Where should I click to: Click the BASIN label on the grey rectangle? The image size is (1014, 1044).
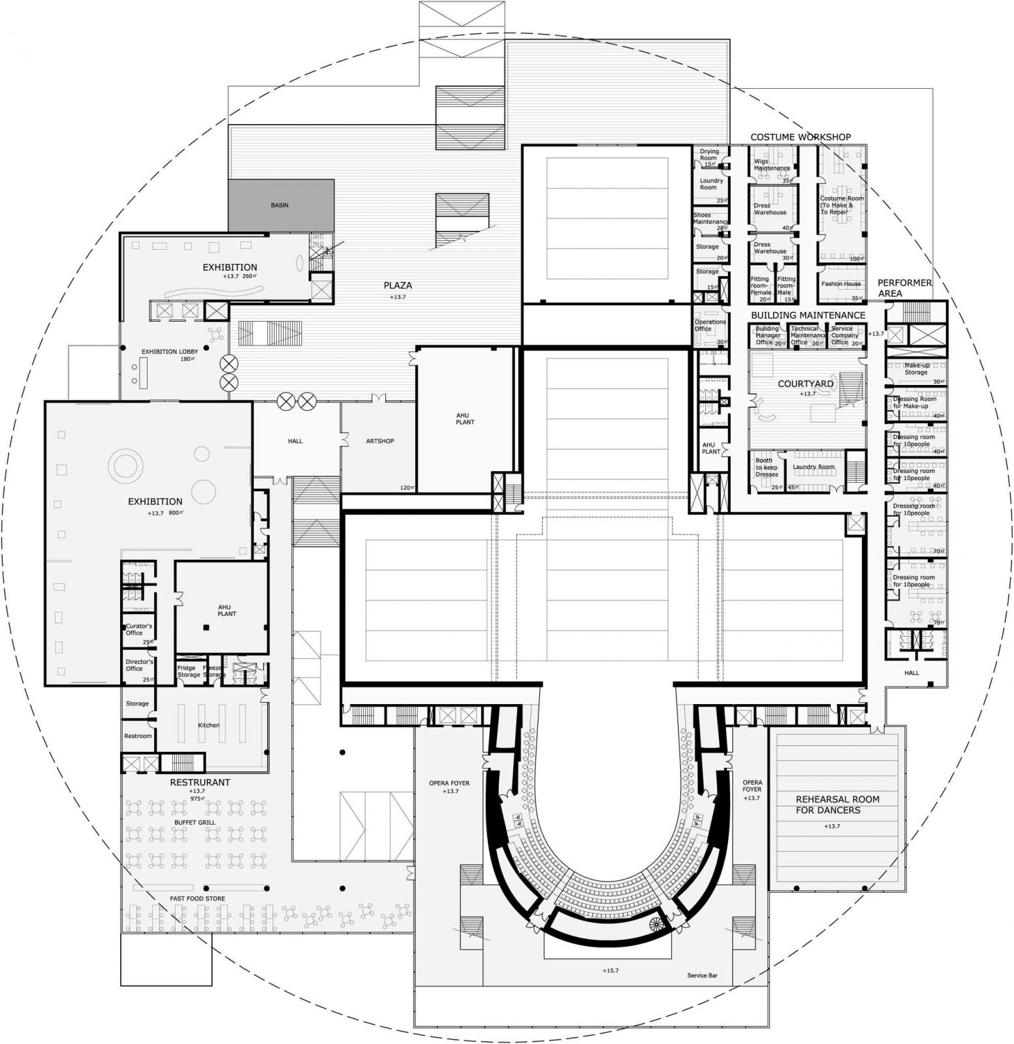pos(279,205)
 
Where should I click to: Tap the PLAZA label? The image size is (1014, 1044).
pos(398,285)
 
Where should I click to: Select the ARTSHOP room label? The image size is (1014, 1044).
pos(379,441)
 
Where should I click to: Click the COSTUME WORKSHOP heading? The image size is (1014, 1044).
pos(800,137)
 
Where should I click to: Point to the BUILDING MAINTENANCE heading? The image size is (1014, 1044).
pos(808,315)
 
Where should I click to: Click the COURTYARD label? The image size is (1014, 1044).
pos(806,384)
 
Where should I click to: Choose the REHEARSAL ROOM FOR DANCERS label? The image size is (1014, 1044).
pos(837,805)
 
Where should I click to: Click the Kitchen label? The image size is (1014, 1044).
pos(209,725)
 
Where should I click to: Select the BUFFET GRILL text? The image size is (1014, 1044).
pos(194,822)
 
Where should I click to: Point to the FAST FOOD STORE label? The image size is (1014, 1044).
pos(197,898)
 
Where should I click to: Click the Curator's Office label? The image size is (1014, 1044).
pos(139,629)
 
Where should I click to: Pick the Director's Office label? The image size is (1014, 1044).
pos(139,664)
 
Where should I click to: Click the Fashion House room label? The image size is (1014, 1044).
pos(841,284)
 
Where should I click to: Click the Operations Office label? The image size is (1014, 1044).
pos(710,325)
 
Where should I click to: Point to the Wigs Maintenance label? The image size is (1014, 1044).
pos(772,164)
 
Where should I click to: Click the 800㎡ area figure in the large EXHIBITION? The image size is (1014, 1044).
pos(176,514)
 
